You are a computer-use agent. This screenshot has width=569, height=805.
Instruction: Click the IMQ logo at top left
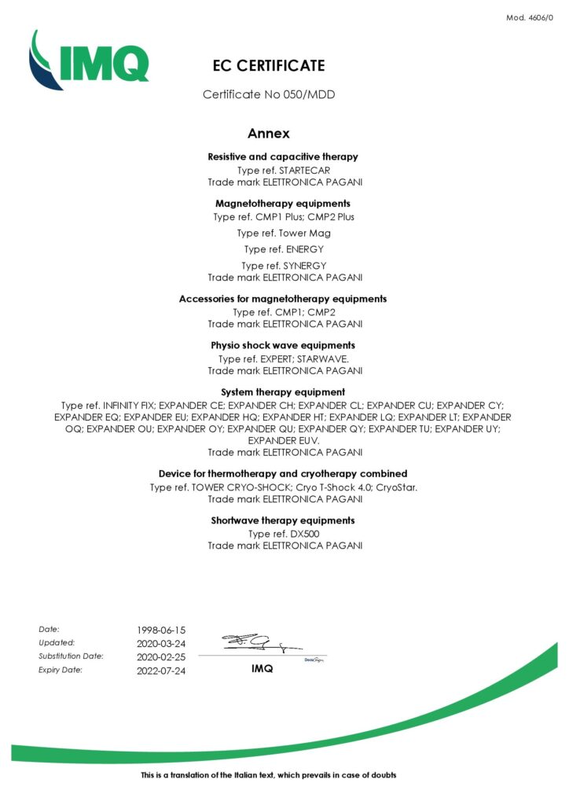pos(88,60)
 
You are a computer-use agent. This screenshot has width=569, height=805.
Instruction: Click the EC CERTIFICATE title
pos(269,66)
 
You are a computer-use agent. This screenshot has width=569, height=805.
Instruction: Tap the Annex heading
pos(269,134)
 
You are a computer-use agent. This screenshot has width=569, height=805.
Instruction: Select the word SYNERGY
pos(303,266)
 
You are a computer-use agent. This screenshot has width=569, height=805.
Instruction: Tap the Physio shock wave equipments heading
pos(283,345)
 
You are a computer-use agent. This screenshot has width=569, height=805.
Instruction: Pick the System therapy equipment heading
pos(283,391)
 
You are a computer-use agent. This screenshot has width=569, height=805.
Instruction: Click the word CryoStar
pos(396,487)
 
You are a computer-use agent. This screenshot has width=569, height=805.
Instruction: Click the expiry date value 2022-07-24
pos(161,671)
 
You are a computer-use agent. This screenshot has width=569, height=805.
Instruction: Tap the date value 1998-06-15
pos(161,630)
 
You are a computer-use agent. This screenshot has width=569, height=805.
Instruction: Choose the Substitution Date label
pos(71,656)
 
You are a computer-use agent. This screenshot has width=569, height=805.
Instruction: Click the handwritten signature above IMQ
pos(250,644)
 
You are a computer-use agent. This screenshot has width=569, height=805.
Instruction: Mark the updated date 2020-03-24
pos(161,643)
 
